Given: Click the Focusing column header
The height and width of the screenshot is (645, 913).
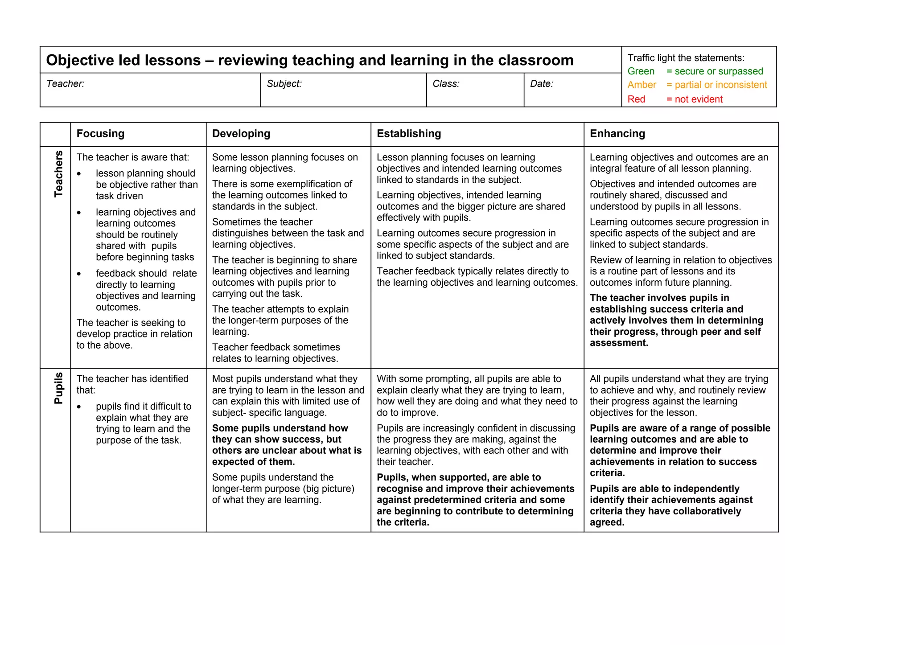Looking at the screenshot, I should click(x=100, y=134).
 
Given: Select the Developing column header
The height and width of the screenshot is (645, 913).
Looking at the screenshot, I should click(x=241, y=134).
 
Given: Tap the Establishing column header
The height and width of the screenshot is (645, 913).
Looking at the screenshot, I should click(x=409, y=134).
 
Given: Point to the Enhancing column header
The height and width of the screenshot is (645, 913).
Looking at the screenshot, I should click(x=617, y=134).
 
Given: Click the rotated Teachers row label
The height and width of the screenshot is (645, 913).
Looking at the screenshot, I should click(x=58, y=174).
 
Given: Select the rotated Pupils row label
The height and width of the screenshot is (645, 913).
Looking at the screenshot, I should click(x=58, y=388).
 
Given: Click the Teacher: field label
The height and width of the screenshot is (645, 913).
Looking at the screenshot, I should click(x=65, y=84).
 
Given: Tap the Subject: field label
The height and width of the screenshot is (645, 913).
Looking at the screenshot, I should click(x=284, y=84).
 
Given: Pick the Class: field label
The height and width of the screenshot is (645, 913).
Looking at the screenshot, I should click(x=446, y=84).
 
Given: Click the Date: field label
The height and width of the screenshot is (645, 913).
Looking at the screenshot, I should click(x=542, y=84).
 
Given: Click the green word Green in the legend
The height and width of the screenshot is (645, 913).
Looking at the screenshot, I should click(x=641, y=71).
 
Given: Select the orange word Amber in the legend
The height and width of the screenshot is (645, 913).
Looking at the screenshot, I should click(x=642, y=85).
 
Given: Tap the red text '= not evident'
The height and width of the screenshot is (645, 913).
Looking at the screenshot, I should click(x=694, y=99).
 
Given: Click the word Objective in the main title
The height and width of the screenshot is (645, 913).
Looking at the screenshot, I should click(x=79, y=60).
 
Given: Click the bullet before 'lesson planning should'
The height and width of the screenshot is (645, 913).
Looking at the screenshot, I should click(x=79, y=174).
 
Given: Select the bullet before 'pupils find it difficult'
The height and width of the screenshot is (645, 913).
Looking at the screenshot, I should click(x=79, y=407).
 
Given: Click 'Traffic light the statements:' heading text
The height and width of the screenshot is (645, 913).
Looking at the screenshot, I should click(x=686, y=58).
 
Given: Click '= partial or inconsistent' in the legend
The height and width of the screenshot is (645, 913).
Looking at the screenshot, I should click(x=716, y=85).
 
